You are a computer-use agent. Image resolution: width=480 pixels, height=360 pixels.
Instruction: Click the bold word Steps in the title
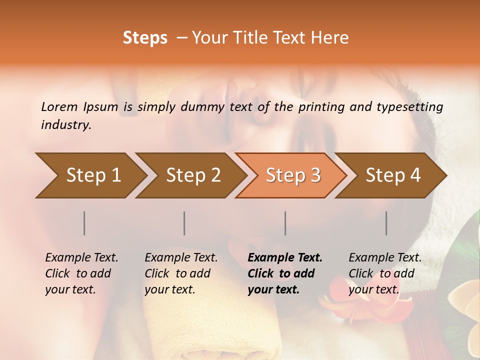[x=145, y=38]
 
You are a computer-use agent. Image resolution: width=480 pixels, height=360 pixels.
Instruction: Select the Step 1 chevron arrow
[x=90, y=175]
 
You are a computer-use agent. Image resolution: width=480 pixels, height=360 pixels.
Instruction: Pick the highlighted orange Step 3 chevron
[x=292, y=175]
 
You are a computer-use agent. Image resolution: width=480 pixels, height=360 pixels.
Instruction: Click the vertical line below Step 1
[x=84, y=223]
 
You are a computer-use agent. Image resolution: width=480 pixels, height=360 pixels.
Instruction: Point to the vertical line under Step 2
[x=184, y=223]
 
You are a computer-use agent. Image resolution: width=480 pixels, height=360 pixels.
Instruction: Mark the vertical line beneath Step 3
[x=285, y=223]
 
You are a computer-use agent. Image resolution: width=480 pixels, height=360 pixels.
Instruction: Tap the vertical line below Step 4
[x=386, y=223]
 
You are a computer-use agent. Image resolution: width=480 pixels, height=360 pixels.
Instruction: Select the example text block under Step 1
[x=81, y=273]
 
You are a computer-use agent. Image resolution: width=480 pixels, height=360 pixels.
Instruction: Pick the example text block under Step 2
[x=181, y=273]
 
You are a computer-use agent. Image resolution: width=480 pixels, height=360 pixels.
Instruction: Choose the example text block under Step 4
[x=385, y=273]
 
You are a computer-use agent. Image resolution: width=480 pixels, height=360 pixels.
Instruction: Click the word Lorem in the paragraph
[x=59, y=106]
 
